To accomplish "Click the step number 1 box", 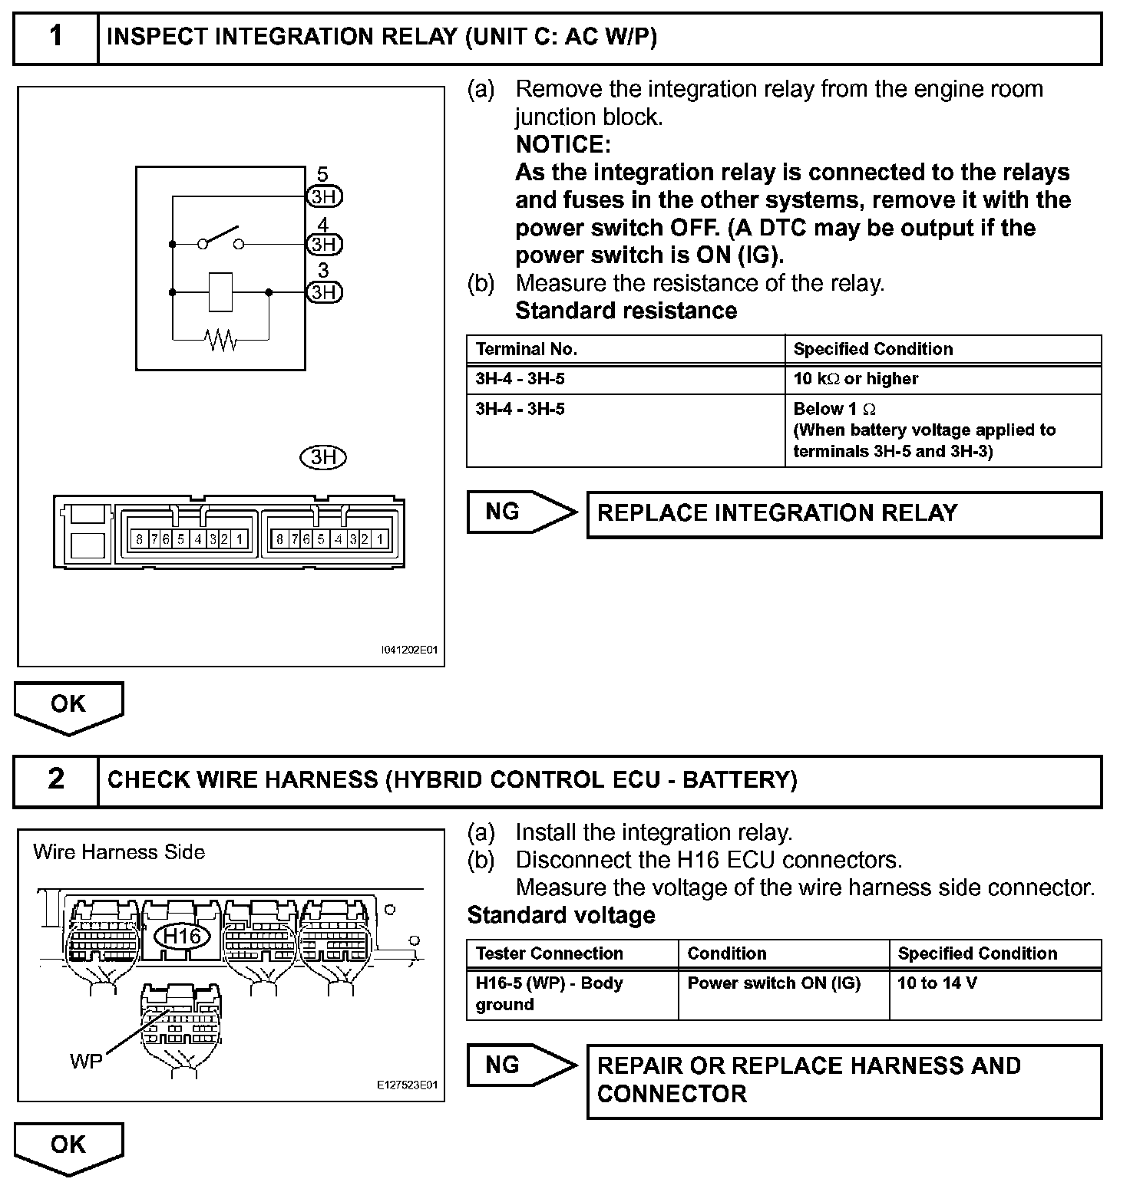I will coord(56,38).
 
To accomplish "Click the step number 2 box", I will coord(56,780).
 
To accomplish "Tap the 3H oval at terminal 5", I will coord(324,197).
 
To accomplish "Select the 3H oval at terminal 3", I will coord(324,292).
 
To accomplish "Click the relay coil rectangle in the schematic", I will coord(220,292).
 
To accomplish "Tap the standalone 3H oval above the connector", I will coord(322,458).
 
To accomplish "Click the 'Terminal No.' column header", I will coord(527,350).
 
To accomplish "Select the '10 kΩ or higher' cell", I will coord(856,379).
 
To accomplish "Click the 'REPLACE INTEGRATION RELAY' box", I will coord(844,514).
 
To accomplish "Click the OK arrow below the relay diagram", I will coord(68,706).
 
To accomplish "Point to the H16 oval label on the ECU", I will coord(183,936).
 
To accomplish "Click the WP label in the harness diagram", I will coord(85,1062).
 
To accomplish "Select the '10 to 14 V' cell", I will coord(937,983).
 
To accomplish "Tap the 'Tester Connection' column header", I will coord(550,953).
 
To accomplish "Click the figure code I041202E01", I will coord(409,650).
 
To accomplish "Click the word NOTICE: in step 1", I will coord(563,144).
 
